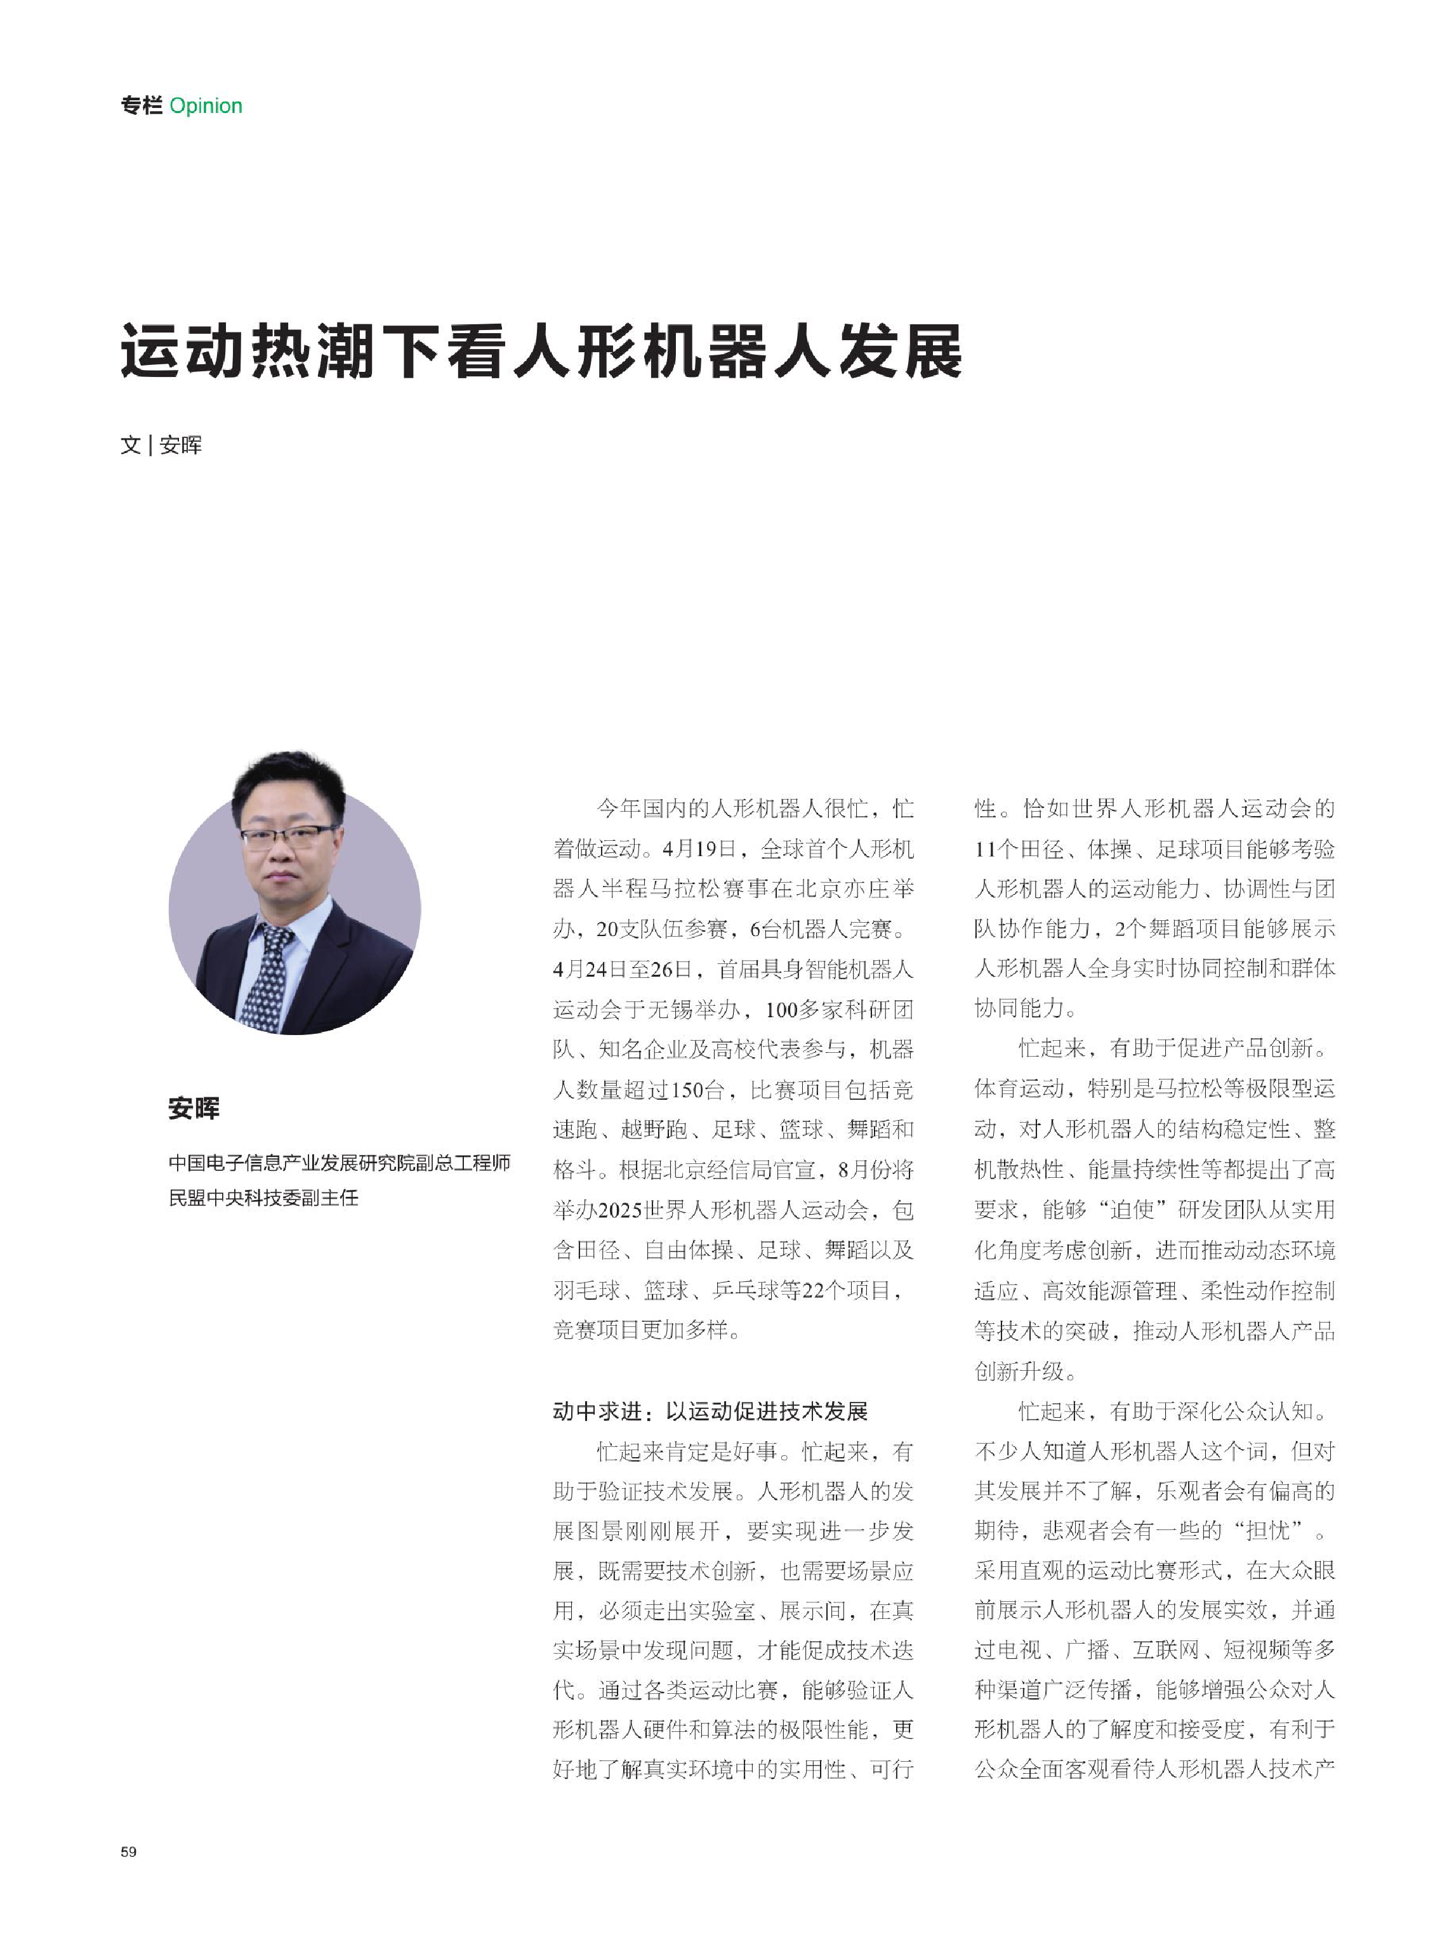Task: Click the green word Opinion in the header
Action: click(206, 106)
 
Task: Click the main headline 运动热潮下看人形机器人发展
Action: click(541, 352)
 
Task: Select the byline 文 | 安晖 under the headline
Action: click(161, 445)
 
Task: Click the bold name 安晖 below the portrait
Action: click(194, 1108)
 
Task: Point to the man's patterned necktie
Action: click(267, 977)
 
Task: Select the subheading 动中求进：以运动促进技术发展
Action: click(710, 1411)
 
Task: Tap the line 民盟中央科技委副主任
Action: click(263, 1198)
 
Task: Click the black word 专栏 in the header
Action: click(141, 106)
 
